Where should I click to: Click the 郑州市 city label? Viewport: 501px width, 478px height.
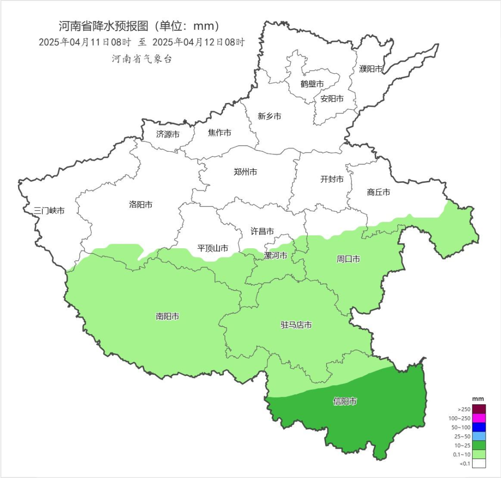245,172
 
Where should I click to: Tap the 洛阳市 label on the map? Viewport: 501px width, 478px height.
141,204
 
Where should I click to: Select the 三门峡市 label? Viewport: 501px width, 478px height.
49,211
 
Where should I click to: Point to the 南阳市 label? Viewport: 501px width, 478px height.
167,317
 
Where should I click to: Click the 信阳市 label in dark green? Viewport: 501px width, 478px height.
345,401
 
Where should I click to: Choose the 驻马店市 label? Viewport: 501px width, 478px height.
296,325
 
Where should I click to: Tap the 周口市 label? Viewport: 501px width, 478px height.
348,259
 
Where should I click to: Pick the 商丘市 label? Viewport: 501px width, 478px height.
378,192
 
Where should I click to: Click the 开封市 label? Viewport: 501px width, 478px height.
332,179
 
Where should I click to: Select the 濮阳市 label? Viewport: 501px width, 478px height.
371,69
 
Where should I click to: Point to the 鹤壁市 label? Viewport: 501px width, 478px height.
312,84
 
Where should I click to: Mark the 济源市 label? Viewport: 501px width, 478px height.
168,135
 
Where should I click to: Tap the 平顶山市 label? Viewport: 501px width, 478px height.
213,248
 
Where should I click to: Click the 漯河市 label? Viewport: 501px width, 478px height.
276,256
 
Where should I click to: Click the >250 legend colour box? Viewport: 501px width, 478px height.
479,409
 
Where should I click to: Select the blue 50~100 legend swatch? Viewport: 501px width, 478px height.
479,427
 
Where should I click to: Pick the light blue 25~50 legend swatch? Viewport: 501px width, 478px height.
479,436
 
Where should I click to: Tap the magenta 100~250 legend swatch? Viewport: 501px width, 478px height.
479,418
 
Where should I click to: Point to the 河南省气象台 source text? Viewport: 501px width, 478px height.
141,59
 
